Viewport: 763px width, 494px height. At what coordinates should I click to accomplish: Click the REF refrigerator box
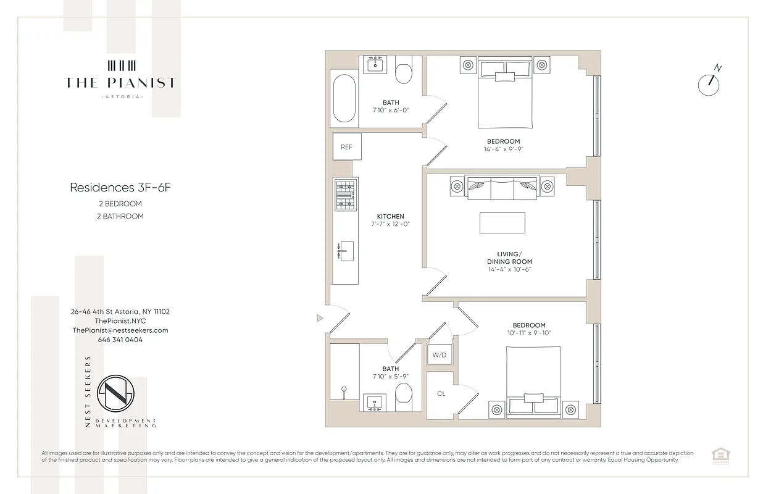point(346,147)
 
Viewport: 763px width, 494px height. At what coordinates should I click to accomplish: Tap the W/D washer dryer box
point(439,355)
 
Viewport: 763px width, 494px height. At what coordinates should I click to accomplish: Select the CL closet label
point(441,393)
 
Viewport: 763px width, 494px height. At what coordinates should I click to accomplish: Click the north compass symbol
point(709,84)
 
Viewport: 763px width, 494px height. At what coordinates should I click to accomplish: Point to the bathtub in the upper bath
point(344,99)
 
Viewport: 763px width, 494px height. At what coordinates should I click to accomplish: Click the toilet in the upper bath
point(404,70)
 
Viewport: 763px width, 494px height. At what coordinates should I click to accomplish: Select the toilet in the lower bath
point(403,396)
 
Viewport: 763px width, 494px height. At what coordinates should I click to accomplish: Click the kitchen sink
point(346,251)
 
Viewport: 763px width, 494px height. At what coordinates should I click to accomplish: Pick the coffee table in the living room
point(502,223)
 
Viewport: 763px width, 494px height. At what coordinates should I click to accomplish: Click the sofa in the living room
point(502,187)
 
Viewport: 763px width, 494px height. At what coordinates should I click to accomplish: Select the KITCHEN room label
point(390,216)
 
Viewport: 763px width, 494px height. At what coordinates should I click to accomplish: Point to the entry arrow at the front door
point(319,319)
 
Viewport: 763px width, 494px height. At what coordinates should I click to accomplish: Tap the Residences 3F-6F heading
point(120,187)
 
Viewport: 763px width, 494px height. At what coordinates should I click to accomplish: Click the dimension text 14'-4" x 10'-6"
point(509,269)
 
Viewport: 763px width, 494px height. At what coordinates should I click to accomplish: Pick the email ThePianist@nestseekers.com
point(120,330)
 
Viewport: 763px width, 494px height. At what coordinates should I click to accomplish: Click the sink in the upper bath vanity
point(375,64)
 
